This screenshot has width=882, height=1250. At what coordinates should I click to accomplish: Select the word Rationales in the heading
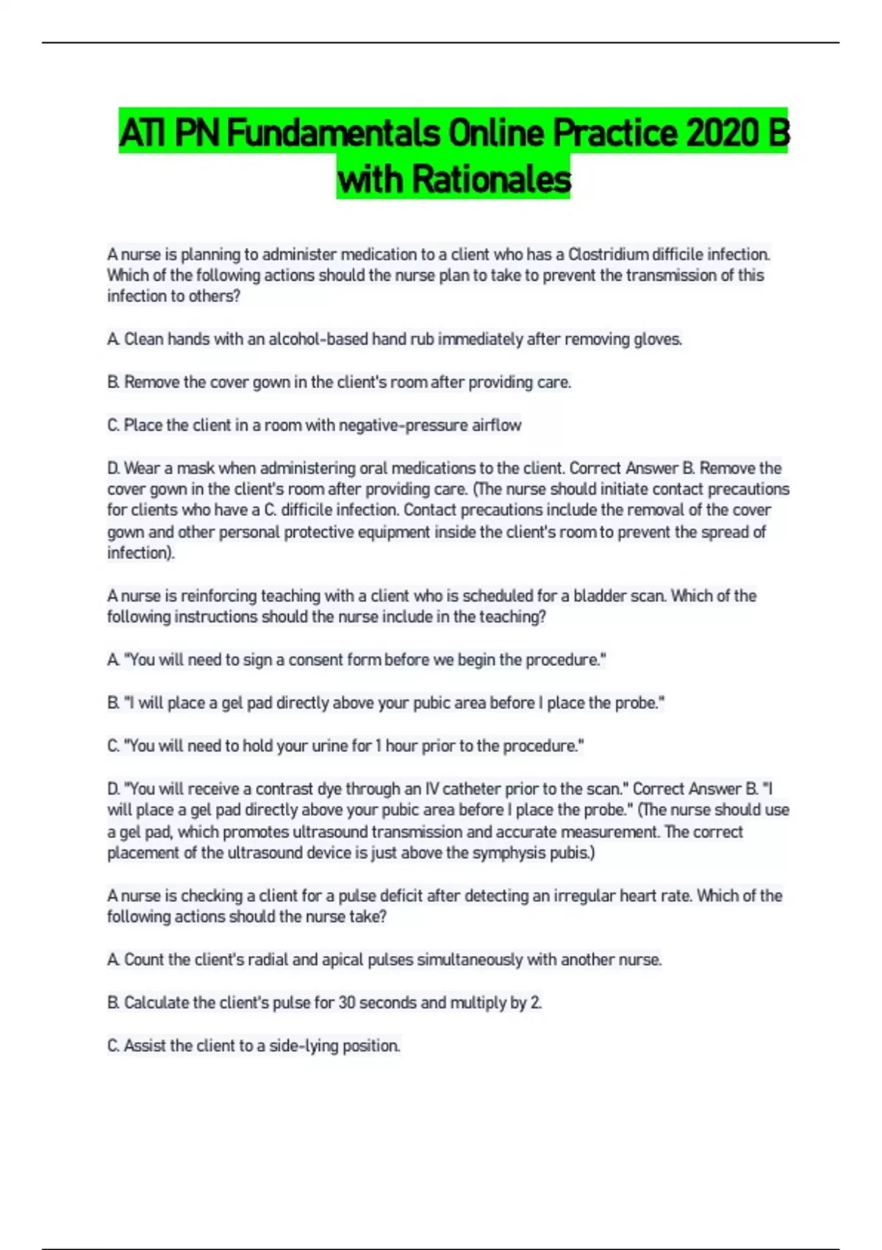point(491,179)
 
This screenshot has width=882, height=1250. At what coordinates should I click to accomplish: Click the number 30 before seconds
point(347,1002)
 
